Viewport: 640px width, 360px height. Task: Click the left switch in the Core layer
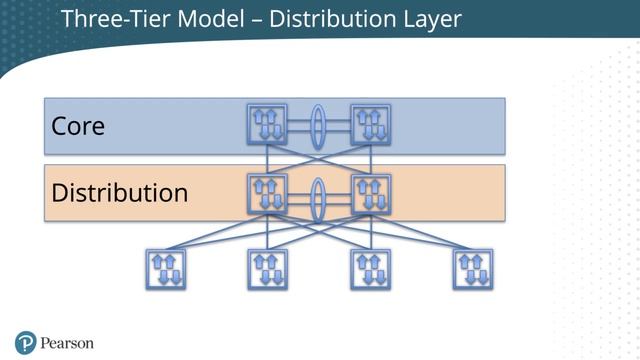[267, 124]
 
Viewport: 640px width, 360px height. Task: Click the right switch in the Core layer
[370, 124]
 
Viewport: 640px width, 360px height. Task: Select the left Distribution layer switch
[267, 194]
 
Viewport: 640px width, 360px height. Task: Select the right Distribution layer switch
[370, 194]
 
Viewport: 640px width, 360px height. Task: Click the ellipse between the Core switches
[318, 125]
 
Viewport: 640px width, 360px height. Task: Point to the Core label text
[78, 127]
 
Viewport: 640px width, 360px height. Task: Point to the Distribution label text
[119, 192]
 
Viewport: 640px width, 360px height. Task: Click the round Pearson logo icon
[26, 342]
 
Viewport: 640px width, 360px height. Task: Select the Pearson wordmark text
[67, 343]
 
